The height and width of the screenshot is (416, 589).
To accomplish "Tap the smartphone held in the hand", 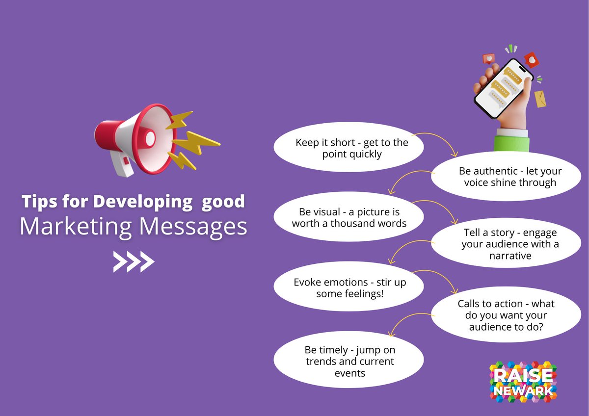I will (504, 88).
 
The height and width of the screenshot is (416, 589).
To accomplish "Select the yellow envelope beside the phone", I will (541, 99).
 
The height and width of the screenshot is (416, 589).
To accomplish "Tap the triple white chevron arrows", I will (134, 262).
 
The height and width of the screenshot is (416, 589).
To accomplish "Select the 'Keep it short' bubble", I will (348, 147).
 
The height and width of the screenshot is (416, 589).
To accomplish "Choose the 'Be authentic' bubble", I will (509, 177).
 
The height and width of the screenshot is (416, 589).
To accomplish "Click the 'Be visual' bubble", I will (348, 217).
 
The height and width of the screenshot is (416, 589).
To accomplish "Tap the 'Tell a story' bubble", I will (509, 243).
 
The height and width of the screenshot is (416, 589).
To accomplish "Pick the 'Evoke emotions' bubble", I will (348, 287).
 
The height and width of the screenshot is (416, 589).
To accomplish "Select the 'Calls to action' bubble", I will (509, 314).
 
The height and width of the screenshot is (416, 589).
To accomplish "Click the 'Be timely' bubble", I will (348, 361).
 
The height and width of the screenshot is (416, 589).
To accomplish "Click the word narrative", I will (510, 256).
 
